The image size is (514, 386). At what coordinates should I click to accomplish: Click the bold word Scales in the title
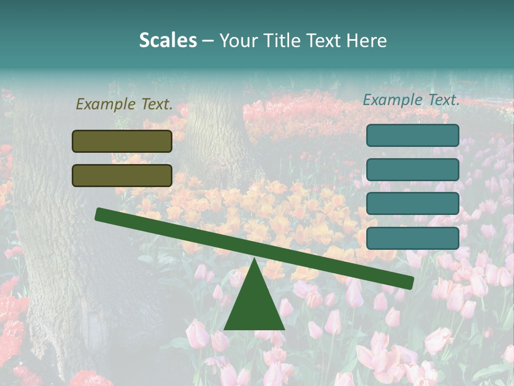pyautogui.click(x=168, y=41)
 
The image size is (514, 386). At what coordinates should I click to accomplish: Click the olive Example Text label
pyautogui.click(x=124, y=104)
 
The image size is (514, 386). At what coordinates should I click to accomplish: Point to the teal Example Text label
pyautogui.click(x=411, y=100)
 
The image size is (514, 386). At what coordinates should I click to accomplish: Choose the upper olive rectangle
pyautogui.click(x=122, y=141)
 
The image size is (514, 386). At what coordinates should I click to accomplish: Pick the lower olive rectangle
pyautogui.click(x=122, y=175)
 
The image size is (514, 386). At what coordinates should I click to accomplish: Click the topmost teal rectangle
pyautogui.click(x=413, y=135)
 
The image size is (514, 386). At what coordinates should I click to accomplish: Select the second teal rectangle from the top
pyautogui.click(x=413, y=169)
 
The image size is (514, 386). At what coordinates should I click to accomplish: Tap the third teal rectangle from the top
pyautogui.click(x=413, y=204)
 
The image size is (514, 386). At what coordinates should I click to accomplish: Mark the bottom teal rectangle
pyautogui.click(x=413, y=238)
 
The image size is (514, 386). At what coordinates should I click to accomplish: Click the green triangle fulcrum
pyautogui.click(x=254, y=303)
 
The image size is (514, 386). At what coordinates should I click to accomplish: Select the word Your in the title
pyautogui.click(x=239, y=41)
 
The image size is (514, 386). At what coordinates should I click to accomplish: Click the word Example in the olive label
pyautogui.click(x=105, y=104)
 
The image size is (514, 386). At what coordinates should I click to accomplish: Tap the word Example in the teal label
pyautogui.click(x=392, y=100)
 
